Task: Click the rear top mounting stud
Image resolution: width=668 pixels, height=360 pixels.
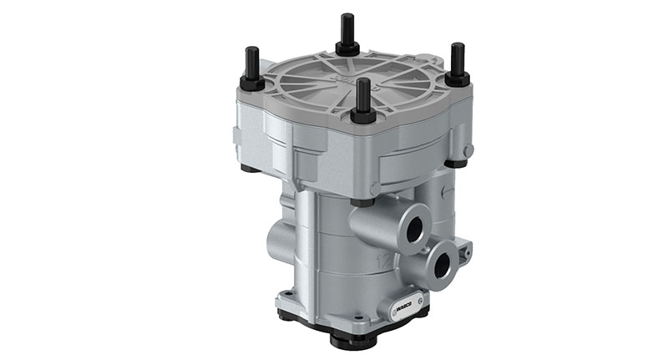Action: [347, 29]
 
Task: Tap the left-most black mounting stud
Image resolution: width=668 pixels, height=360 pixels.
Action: [251, 68]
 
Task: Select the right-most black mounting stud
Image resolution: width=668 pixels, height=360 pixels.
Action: [457, 61]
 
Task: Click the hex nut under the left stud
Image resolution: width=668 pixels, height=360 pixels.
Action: [251, 84]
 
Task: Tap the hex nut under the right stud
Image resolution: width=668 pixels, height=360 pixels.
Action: [457, 79]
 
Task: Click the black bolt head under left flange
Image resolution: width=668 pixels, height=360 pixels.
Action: [248, 168]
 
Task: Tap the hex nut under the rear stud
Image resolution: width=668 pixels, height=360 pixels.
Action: [347, 48]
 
